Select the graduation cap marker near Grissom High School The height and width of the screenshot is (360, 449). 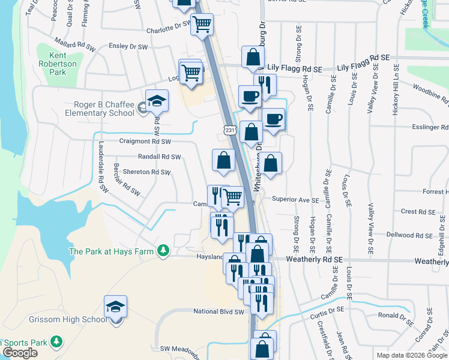(115, 307)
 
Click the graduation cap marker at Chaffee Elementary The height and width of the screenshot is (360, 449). (157, 101)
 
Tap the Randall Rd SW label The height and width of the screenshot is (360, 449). (159, 157)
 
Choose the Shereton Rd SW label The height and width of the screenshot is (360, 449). (147, 172)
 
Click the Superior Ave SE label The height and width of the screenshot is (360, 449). (295, 199)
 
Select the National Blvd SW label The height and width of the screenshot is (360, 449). (219, 311)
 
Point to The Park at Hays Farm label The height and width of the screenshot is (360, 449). (112, 251)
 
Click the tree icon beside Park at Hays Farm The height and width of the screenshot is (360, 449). (163, 250)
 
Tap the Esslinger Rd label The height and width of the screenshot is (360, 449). (430, 127)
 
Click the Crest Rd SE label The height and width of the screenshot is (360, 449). (417, 212)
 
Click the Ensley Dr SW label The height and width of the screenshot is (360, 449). (128, 46)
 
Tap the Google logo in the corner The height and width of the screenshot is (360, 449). (20, 353)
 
